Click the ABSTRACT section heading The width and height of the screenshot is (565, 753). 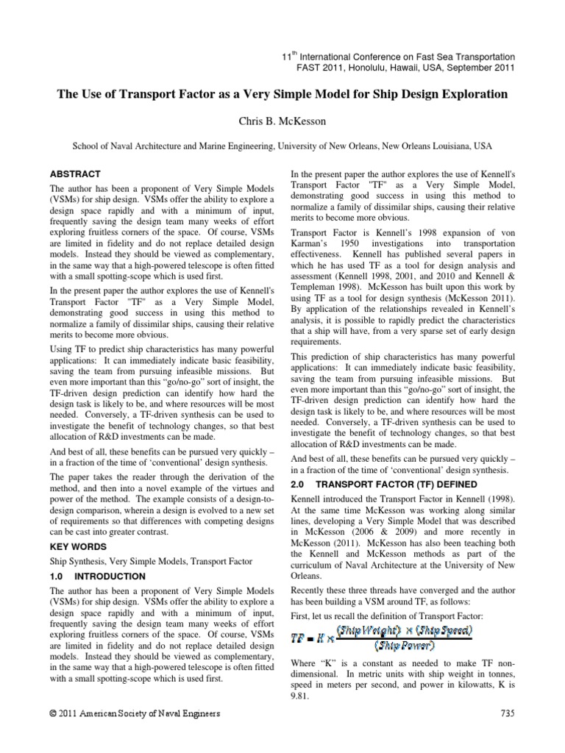(x=74, y=174)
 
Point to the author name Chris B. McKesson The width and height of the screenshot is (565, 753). (x=282, y=120)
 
